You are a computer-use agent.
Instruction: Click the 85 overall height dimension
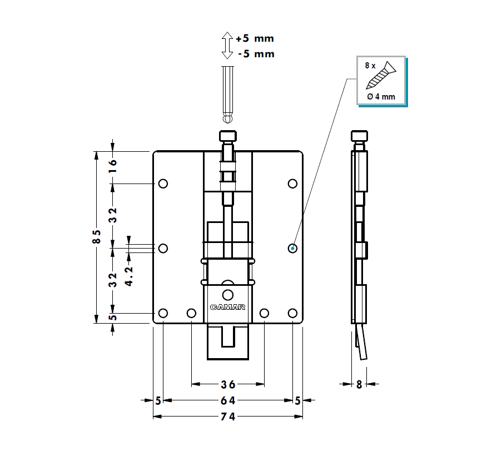(97, 236)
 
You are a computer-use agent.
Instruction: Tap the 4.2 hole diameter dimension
(128, 275)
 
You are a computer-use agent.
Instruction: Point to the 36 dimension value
(228, 384)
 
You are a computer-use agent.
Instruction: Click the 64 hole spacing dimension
(228, 400)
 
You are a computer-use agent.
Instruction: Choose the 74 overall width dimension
(228, 417)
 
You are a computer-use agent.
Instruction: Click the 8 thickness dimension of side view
(359, 384)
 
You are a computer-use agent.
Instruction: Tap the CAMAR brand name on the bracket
(227, 307)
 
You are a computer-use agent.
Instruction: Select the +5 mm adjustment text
(255, 39)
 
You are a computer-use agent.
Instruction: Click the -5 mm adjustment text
(256, 54)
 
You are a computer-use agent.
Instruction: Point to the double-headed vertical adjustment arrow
(227, 46)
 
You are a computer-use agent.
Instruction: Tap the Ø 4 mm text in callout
(381, 97)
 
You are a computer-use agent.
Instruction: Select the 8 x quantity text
(370, 65)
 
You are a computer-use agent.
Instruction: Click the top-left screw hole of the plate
(163, 184)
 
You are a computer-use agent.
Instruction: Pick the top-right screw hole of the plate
(292, 184)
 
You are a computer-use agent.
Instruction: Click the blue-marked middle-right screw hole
(292, 248)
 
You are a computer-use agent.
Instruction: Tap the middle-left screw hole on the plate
(163, 248)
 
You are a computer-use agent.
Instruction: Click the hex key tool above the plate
(227, 95)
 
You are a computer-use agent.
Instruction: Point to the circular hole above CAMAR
(227, 294)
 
